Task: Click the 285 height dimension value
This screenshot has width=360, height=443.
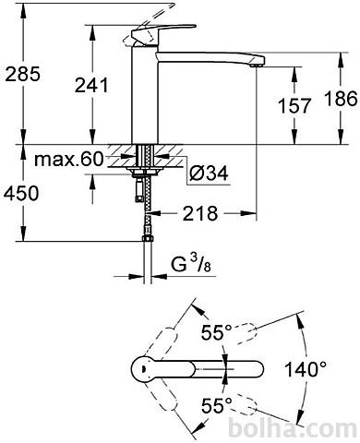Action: (x=23, y=74)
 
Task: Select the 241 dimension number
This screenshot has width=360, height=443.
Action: (x=91, y=85)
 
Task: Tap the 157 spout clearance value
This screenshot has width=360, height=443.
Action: (x=294, y=105)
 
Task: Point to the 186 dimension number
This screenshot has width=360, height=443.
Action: (x=342, y=100)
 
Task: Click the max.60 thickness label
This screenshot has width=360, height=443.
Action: (x=68, y=160)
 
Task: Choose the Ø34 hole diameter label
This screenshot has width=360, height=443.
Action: (x=209, y=173)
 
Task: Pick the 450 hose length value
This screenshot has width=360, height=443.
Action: (x=21, y=193)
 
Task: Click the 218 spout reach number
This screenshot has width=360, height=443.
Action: (x=200, y=213)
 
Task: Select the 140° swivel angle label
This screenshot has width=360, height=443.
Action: (x=306, y=369)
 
